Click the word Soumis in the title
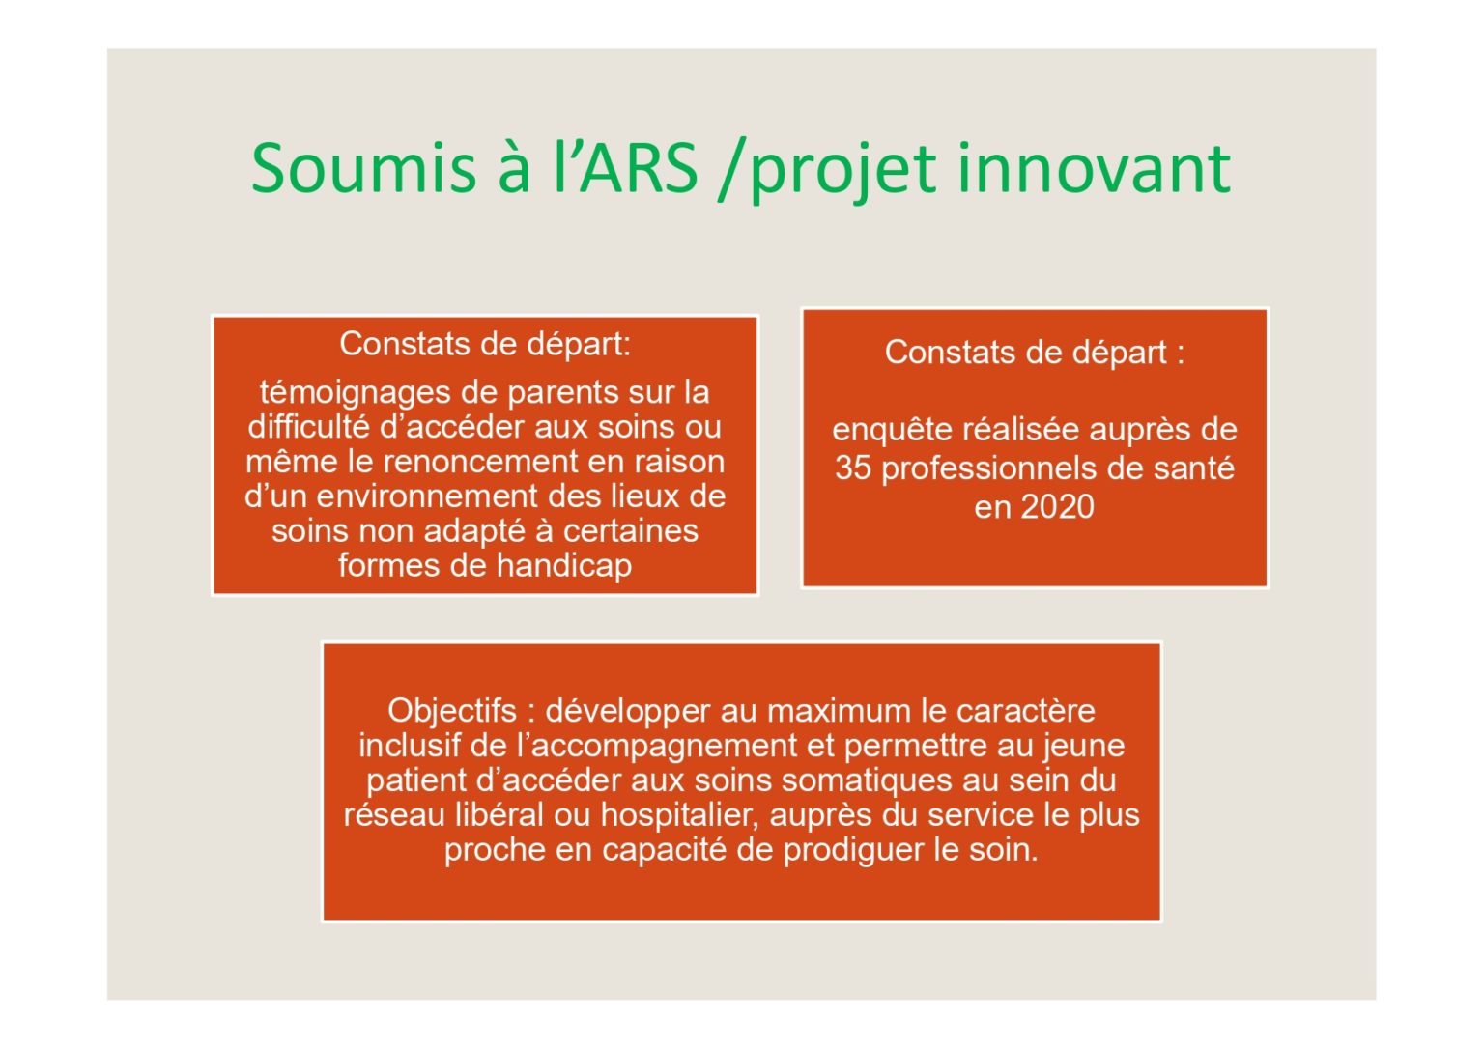[x=363, y=168]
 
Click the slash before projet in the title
[x=732, y=170]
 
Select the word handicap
[x=564, y=567]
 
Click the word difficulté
[x=309, y=427]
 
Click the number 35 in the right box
[x=853, y=468]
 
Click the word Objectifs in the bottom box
[x=452, y=711]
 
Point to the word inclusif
[x=410, y=747]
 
